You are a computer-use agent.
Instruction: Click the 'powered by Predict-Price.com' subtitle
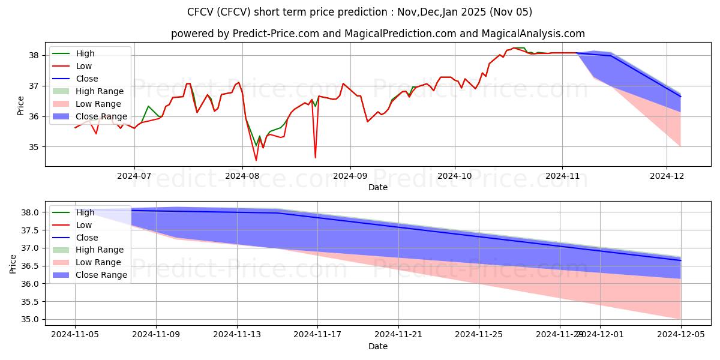pyautogui.click(x=378, y=34)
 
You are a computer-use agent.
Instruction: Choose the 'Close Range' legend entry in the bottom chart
pyautogui.click(x=101, y=275)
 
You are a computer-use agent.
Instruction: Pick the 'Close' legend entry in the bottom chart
pyautogui.click(x=87, y=238)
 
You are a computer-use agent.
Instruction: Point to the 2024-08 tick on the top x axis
pyautogui.click(x=242, y=176)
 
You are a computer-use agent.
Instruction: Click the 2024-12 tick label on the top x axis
pyautogui.click(x=667, y=176)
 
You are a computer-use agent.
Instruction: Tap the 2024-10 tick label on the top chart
pyautogui.click(x=454, y=176)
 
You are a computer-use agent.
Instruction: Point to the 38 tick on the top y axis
pyautogui.click(x=34, y=55)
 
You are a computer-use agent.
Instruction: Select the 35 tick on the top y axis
pyautogui.click(x=34, y=147)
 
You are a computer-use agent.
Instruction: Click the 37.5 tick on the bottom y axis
pyautogui.click(x=29, y=230)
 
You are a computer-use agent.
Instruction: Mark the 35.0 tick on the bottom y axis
pyautogui.click(x=29, y=319)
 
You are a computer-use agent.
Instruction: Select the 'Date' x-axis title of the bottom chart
pyautogui.click(x=378, y=346)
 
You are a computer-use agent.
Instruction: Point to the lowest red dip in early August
pyautogui.click(x=256, y=160)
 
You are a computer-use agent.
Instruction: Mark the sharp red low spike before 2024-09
pyautogui.click(x=316, y=157)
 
